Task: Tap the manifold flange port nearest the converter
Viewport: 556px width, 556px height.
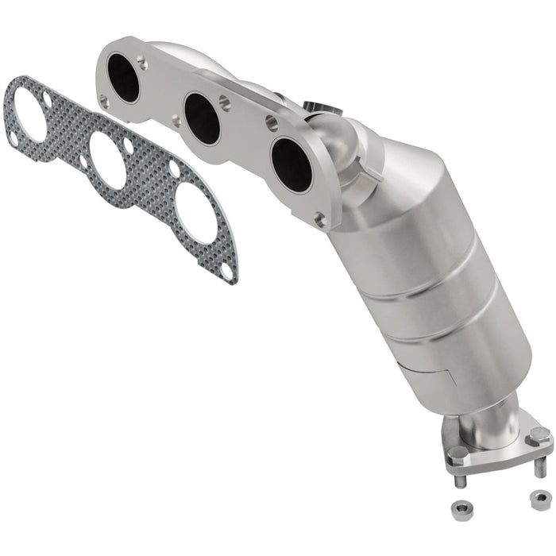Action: [291, 164]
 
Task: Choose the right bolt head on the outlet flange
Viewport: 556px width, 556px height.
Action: [539, 436]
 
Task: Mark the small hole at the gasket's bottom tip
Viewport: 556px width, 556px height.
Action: [228, 270]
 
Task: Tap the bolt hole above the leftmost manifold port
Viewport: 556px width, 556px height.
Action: [142, 60]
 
